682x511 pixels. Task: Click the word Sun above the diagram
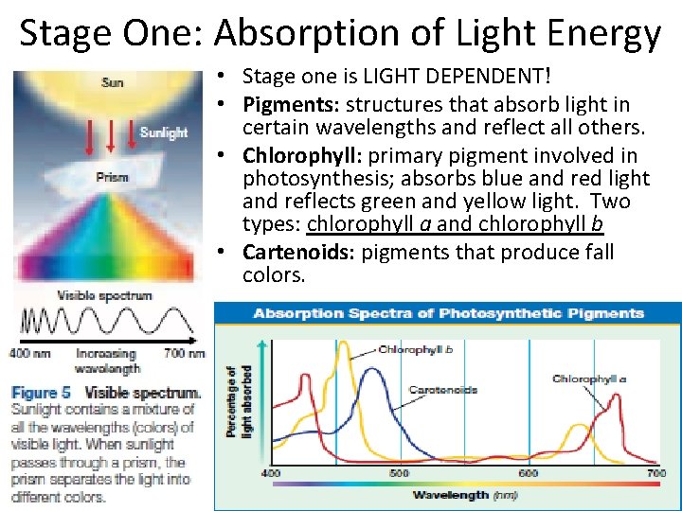(x=112, y=82)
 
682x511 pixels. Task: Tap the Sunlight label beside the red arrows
(x=163, y=132)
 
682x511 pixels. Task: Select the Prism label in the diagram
(x=112, y=177)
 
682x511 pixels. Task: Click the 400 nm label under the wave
(x=31, y=353)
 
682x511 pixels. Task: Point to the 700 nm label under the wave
(x=185, y=353)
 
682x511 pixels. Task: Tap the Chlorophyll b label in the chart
(x=415, y=349)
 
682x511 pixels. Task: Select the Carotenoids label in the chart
(x=442, y=389)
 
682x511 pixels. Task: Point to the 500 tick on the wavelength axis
(x=400, y=472)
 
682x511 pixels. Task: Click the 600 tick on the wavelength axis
(x=528, y=472)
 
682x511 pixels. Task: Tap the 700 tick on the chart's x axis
(x=655, y=472)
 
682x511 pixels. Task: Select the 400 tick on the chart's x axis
(x=271, y=472)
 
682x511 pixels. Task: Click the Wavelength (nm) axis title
(x=463, y=494)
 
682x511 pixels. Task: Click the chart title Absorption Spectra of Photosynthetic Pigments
(x=448, y=313)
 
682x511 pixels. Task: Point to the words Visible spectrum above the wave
(x=104, y=295)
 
